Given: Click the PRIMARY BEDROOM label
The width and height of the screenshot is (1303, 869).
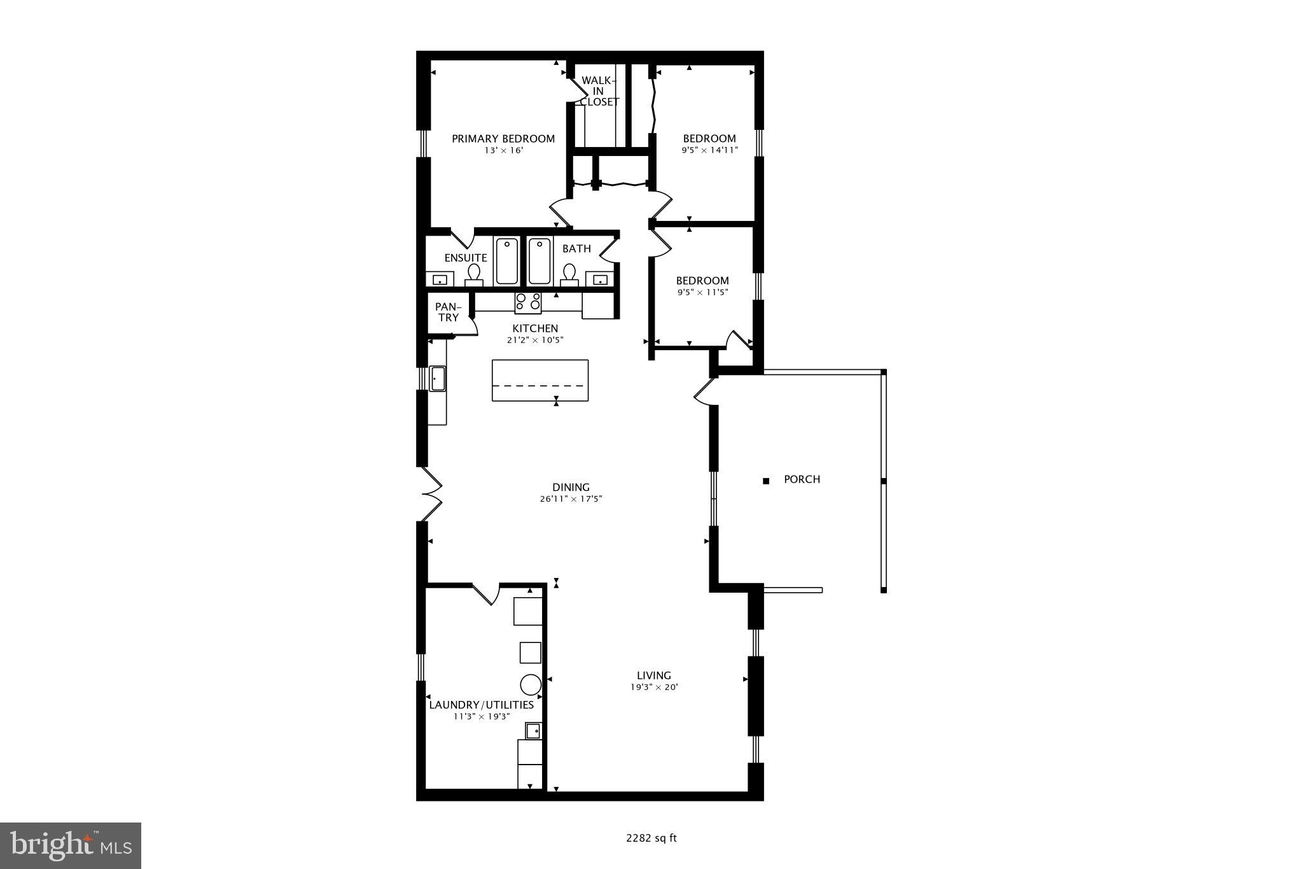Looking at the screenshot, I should click(x=503, y=138).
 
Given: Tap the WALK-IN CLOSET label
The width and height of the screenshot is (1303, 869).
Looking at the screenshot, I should click(x=599, y=91).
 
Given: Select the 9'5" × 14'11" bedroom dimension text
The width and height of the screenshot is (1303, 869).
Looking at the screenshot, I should click(x=709, y=150).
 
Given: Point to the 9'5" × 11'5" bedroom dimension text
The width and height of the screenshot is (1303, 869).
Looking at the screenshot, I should click(x=702, y=292).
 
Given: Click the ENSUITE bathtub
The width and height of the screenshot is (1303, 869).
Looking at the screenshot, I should click(x=507, y=261).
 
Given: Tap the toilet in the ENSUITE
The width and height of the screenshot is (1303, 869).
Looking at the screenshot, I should click(x=474, y=274).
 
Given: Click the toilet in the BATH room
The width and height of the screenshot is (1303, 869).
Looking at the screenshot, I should click(x=569, y=274).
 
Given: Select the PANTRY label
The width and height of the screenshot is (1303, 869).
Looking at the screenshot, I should click(x=448, y=312).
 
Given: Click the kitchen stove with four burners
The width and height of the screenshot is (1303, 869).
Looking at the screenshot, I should click(x=528, y=303).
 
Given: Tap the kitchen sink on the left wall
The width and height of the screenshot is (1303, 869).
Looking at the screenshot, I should click(x=437, y=378).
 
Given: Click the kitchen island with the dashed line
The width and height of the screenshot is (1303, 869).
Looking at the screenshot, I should click(x=540, y=380).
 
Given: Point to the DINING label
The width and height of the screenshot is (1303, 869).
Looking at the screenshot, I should click(x=571, y=487).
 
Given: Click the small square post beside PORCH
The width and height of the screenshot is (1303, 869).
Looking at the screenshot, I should click(x=766, y=481).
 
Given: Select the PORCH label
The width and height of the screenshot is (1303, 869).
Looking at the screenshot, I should click(x=802, y=479).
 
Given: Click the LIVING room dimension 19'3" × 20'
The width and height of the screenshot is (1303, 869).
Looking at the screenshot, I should click(x=654, y=687).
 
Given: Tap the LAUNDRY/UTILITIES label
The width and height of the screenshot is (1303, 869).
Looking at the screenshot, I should click(x=481, y=705).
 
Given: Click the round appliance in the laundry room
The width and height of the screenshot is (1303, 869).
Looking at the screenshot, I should click(x=531, y=684).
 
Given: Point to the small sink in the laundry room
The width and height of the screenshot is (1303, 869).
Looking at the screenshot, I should click(x=533, y=730).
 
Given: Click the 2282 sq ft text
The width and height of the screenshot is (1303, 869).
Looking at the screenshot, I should click(x=651, y=838).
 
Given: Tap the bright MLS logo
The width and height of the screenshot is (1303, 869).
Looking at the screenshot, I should click(x=71, y=845).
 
